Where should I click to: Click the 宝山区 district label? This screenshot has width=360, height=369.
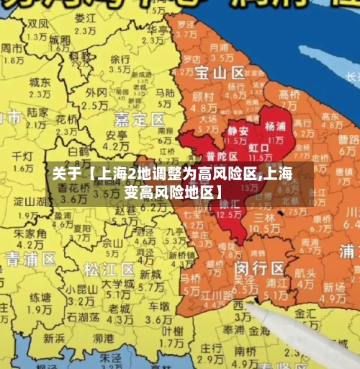[220, 73]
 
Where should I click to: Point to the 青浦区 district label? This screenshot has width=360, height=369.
[31, 259]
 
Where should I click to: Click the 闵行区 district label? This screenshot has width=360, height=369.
[259, 268]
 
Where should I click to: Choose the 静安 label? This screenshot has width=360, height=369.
[238, 130]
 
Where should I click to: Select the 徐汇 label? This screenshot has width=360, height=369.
[229, 204]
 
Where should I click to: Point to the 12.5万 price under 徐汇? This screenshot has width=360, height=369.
[229, 214]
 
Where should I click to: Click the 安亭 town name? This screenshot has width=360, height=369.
[117, 135]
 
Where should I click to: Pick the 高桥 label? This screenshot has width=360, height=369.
[289, 94]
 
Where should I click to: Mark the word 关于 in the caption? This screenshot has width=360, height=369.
[66, 174]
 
